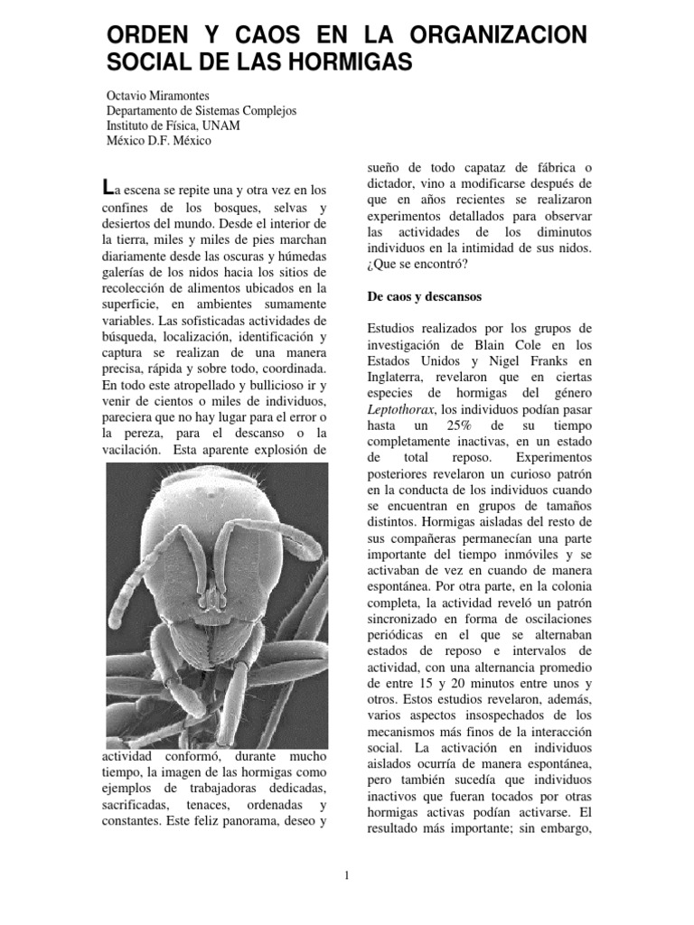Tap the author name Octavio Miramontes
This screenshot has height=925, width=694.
click(160, 95)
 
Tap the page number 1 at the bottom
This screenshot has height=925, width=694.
click(346, 874)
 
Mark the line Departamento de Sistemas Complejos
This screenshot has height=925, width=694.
click(202, 110)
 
